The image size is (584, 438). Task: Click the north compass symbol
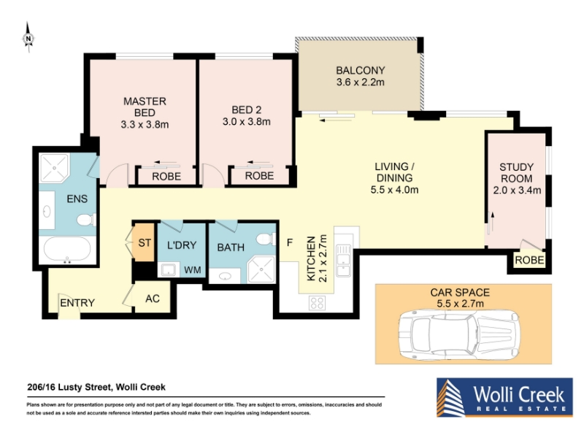28,38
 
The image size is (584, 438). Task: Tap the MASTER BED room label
145,107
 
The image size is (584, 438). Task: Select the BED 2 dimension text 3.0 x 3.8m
247,122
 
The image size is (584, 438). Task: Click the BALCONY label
360,70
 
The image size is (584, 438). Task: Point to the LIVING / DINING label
394,172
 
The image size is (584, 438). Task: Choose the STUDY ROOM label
516,173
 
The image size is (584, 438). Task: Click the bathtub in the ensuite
67,250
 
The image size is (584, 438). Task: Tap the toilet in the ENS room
86,220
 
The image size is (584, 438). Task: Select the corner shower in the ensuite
54,168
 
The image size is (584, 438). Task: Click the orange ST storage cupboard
144,242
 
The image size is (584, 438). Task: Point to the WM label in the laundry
193,269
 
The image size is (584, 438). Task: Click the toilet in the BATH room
266,239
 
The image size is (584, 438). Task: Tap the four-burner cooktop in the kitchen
317,303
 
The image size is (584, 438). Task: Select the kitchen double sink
343,260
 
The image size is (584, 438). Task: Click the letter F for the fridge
290,243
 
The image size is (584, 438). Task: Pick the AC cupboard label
153,299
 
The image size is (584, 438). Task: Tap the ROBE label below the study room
529,260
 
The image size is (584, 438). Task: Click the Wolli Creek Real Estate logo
504,397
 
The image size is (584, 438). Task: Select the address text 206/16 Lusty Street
69,388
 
